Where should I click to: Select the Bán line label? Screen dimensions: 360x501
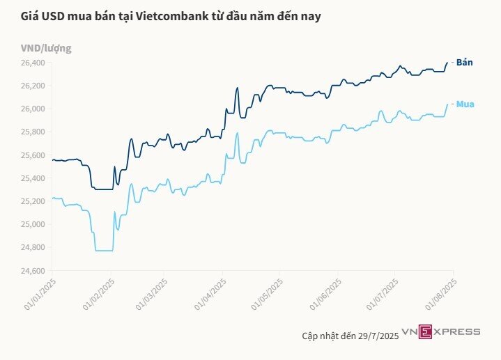[465, 63]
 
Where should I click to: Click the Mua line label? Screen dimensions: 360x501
[465, 104]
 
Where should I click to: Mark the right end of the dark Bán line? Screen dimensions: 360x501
[447, 63]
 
